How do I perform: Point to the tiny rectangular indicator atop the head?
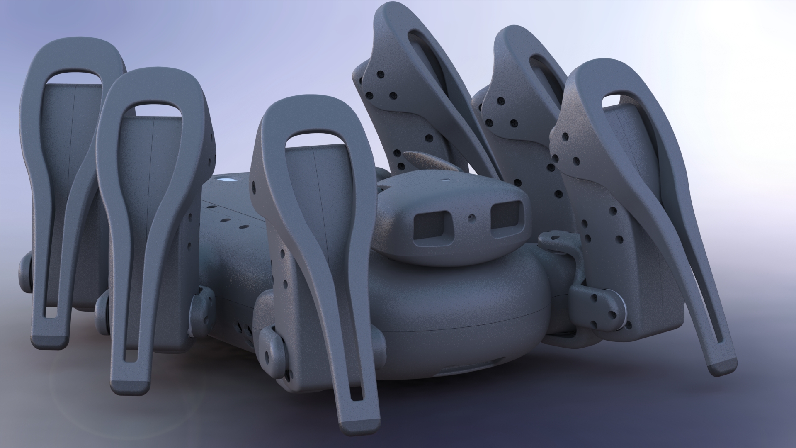[446, 180]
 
